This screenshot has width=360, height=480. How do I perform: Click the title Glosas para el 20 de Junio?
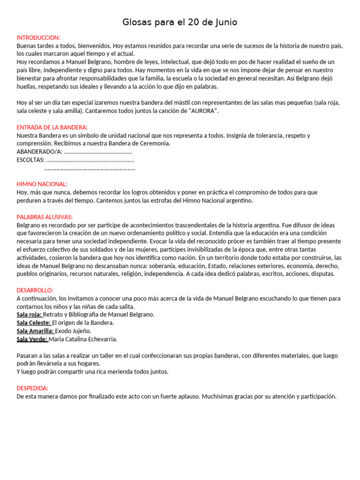pos(180,22)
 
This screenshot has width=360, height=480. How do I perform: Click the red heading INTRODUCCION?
pos(38,37)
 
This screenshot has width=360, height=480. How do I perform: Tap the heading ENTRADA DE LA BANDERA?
pos(52,127)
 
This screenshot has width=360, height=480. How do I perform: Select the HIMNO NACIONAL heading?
pos(42,184)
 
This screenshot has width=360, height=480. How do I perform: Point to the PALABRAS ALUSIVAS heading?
pos(45,217)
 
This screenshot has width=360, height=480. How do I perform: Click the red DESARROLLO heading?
pos(35,290)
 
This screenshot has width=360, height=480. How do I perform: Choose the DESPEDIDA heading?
pos(32,388)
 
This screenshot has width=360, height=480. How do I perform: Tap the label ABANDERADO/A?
pos(39,152)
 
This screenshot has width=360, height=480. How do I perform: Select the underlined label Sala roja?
pos(29,315)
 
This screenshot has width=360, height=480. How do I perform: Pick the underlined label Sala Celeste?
pos(33,322)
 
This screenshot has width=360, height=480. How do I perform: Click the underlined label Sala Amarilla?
pos(35,331)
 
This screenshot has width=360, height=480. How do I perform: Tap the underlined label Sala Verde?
pos(32,339)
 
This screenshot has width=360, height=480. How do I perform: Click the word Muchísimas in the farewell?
pos(220,396)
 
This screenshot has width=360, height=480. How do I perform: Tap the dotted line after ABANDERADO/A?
pos(98,152)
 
